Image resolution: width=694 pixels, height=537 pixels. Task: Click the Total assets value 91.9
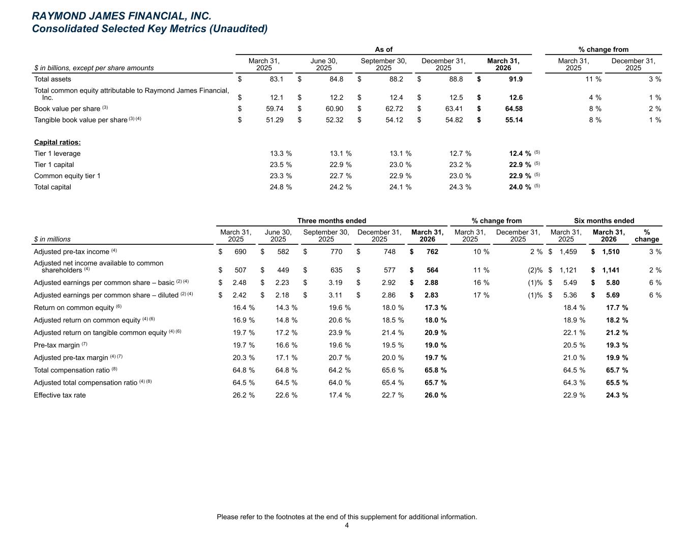tap(516, 79)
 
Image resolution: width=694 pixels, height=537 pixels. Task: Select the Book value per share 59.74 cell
tap(275, 109)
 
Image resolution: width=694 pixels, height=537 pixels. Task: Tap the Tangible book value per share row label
tap(81, 120)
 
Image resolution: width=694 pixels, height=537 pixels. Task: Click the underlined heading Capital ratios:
tap(57, 142)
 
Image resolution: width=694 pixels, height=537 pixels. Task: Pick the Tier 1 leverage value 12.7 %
tap(460, 153)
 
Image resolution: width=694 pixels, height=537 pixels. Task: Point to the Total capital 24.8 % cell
tap(281, 187)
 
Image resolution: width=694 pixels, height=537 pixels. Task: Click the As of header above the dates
tap(383, 49)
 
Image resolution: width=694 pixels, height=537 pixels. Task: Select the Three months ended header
tap(332, 220)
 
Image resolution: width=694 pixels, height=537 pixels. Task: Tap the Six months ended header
tap(604, 220)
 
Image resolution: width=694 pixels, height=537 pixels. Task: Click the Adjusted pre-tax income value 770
tap(336, 251)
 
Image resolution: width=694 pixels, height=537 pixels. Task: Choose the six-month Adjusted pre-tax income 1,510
tap(611, 251)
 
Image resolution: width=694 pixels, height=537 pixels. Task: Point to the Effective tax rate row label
tap(59, 395)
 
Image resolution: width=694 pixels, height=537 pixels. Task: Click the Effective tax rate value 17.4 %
tap(340, 395)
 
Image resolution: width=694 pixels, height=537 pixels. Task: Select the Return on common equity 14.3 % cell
tap(286, 307)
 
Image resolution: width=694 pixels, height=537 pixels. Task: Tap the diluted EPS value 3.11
tap(336, 295)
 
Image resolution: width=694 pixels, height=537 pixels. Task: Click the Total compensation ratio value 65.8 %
tap(436, 370)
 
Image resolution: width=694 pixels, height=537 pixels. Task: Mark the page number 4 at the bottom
tap(347, 525)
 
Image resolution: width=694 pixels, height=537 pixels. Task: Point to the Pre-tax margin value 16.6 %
tap(286, 345)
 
